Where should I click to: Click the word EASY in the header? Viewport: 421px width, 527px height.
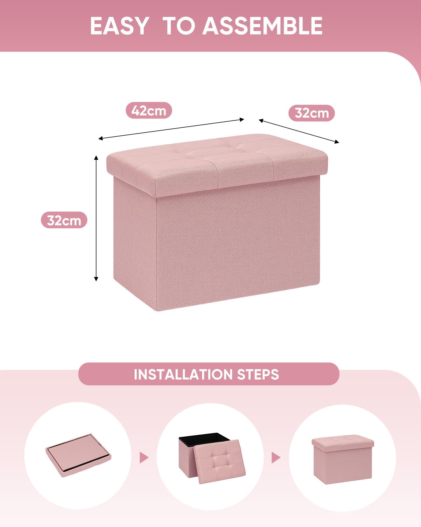pos(119,26)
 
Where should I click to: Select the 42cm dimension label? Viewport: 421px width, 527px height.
pos(149,110)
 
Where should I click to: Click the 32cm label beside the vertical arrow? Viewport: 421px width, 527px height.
pos(64,220)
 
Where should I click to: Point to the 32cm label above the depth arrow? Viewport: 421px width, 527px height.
pos(312,113)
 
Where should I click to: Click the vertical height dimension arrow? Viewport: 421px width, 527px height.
pos(96,218)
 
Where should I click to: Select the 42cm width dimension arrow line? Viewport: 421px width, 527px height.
pos(171,129)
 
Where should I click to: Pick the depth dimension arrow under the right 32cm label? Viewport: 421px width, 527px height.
pos(299,131)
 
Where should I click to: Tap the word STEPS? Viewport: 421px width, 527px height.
pos(258,374)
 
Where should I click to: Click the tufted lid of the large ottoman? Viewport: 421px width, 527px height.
pos(217,165)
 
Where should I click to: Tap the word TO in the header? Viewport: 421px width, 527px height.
pos(179,26)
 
